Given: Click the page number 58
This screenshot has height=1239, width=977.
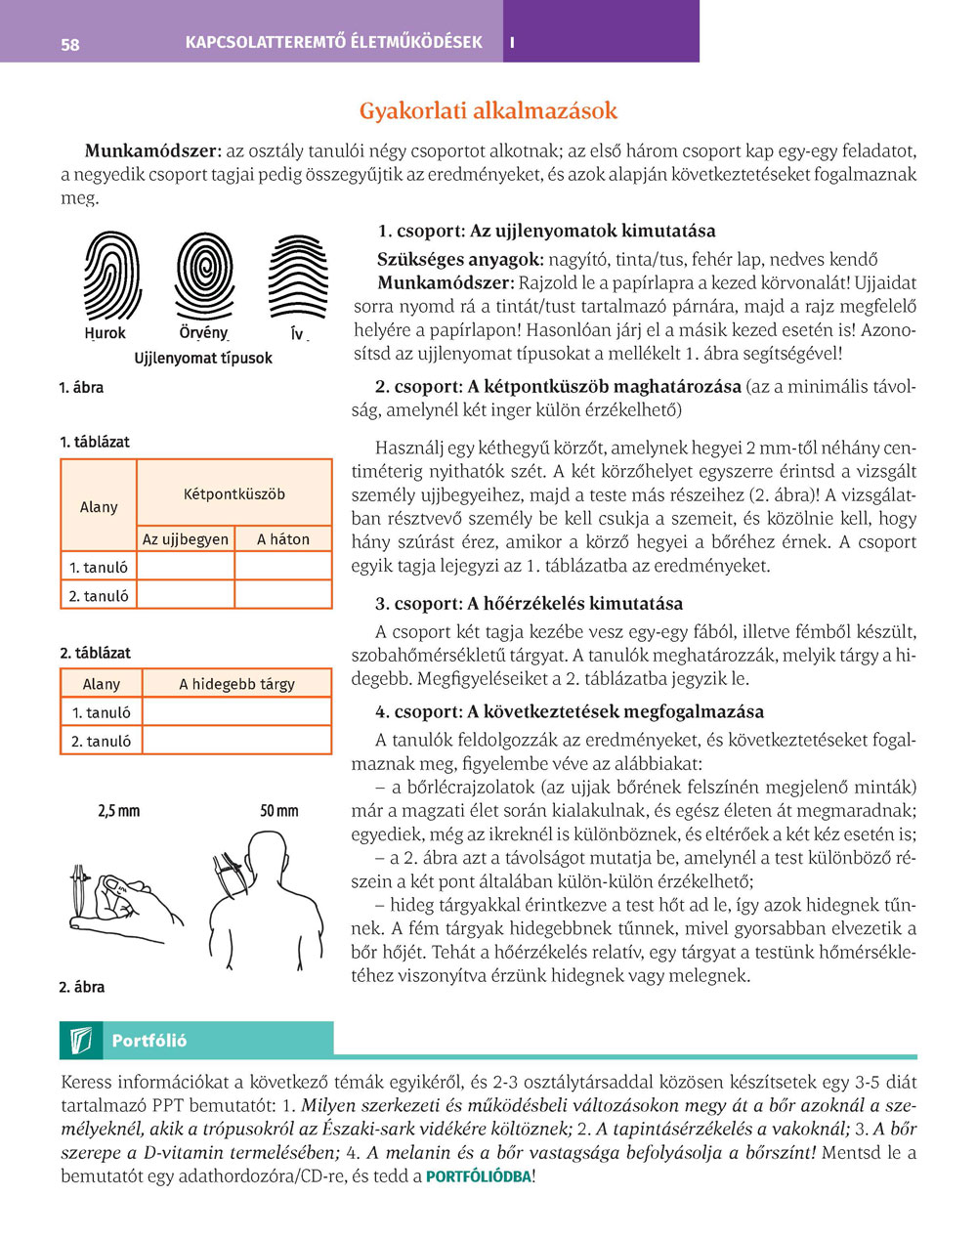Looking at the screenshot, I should [70, 44].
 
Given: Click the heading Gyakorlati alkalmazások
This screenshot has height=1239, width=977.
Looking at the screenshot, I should [488, 111].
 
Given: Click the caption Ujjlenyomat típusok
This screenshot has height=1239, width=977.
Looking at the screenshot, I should [203, 358].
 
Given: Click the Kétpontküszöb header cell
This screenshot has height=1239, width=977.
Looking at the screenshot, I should [234, 493].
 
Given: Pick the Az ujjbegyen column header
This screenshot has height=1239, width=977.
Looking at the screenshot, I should [186, 538].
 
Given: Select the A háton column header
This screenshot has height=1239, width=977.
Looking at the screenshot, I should [283, 538].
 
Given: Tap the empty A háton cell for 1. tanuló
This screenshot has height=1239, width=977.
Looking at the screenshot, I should [283, 567].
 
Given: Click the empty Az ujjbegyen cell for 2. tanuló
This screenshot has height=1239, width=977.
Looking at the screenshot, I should [186, 595].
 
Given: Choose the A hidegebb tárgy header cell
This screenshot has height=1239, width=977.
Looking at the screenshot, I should [236, 684].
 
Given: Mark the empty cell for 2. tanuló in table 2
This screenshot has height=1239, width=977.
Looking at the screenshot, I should [236, 741].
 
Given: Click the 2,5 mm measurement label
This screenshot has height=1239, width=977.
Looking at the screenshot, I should [119, 811].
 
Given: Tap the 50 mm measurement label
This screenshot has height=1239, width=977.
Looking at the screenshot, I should [279, 811].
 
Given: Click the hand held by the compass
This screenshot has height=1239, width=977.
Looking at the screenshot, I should [132, 904].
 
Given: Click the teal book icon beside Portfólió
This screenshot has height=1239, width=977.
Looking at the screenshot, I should [81, 1041].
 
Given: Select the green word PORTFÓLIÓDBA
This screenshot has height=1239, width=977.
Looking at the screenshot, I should [478, 1176].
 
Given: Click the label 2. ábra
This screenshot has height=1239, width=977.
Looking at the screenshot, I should [82, 987].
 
